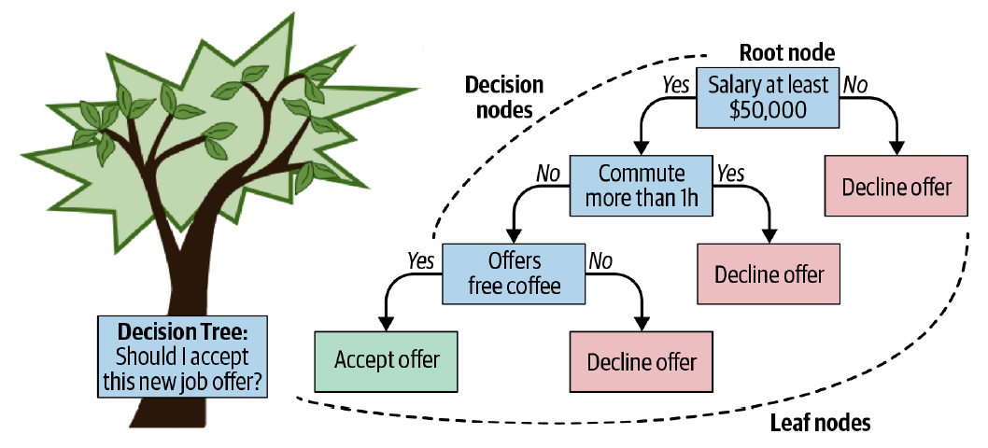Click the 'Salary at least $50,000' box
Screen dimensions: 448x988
[x=767, y=97]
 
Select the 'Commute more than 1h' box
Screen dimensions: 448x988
[x=641, y=186]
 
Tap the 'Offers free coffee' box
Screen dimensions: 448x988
[x=514, y=273]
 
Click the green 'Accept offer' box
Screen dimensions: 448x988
[x=386, y=359]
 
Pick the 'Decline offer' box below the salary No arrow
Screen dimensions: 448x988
[x=896, y=187]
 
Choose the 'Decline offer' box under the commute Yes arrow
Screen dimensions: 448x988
[x=769, y=274]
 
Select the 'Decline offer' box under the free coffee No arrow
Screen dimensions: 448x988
[x=642, y=361]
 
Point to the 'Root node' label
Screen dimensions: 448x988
[x=787, y=52]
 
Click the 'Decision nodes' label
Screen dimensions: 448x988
[x=504, y=97]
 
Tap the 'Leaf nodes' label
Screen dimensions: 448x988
[x=820, y=423]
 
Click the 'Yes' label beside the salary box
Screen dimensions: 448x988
[x=675, y=85]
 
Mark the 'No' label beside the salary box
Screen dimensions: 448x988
[x=854, y=85]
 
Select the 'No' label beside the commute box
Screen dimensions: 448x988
[x=548, y=173]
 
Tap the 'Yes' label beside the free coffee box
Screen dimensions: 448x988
[x=421, y=260]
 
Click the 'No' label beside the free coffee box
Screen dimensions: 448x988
[x=599, y=260]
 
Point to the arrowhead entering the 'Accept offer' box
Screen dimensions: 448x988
[x=387, y=324]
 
